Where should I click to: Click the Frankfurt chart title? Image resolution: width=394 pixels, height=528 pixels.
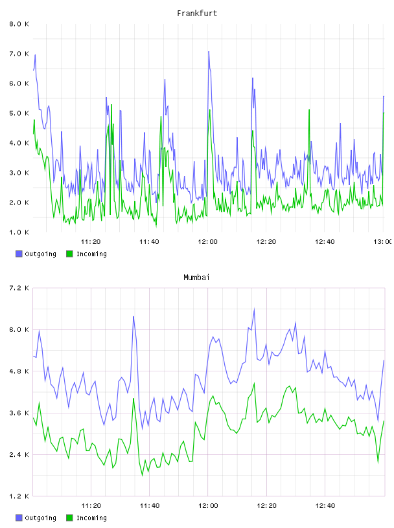(x=197, y=14)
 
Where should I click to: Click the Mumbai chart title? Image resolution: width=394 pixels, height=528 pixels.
(x=196, y=278)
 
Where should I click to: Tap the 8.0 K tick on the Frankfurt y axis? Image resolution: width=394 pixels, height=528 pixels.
(x=19, y=24)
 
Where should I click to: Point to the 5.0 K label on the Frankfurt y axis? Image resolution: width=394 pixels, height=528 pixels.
(x=19, y=113)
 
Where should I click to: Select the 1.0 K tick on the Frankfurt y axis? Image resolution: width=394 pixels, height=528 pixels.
(x=19, y=232)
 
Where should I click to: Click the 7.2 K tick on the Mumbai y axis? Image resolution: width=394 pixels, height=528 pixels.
(x=19, y=288)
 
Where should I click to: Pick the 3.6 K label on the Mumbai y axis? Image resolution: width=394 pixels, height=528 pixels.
(x=19, y=413)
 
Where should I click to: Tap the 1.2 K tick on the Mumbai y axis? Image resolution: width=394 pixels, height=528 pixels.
(x=19, y=496)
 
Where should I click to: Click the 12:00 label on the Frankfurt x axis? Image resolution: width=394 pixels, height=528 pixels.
(x=207, y=241)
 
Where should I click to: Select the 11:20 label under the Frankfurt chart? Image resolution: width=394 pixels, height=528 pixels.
(x=91, y=241)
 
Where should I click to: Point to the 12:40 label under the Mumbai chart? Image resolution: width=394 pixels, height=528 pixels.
(x=325, y=505)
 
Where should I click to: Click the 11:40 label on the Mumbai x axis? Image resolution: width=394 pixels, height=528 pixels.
(x=150, y=505)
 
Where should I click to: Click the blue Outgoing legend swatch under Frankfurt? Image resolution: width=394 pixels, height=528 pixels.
(x=19, y=254)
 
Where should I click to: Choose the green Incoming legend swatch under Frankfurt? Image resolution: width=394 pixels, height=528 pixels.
(x=69, y=254)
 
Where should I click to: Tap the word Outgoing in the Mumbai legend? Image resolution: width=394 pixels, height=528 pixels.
(x=40, y=518)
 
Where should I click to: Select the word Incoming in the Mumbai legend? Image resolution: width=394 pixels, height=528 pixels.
(x=91, y=518)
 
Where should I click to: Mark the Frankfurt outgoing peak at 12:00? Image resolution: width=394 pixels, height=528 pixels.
(x=209, y=52)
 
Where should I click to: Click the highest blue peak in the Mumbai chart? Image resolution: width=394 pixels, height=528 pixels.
(x=254, y=309)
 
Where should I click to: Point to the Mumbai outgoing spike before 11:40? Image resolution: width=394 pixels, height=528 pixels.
(x=133, y=316)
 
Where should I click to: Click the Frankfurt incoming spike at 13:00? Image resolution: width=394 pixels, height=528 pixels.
(x=384, y=113)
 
